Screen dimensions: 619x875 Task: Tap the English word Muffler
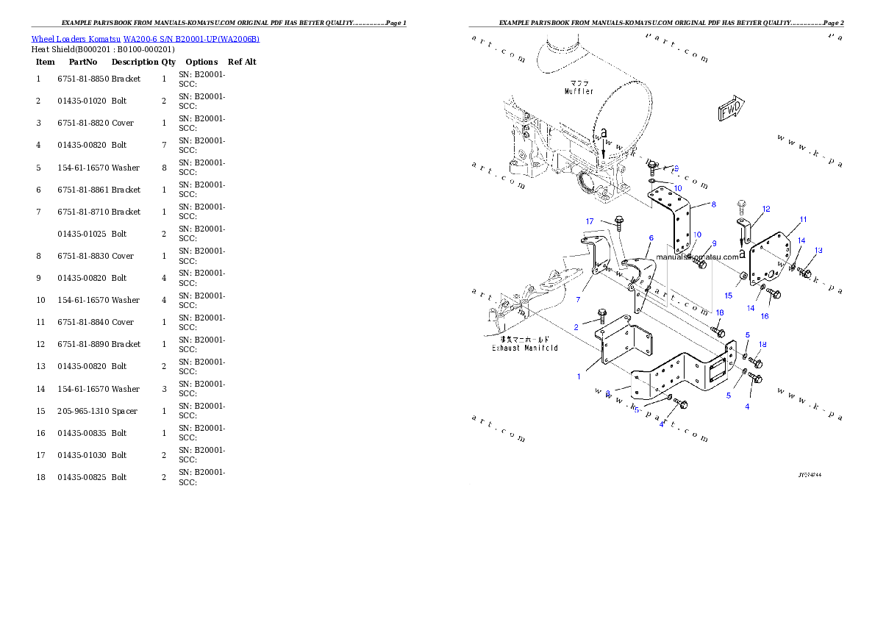[579, 91]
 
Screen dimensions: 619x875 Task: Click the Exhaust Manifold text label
[524, 348]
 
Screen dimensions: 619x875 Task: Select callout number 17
[590, 221]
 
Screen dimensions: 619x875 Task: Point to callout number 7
[578, 299]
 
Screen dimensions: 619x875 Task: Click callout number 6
[651, 238]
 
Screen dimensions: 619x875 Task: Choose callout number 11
[803, 219]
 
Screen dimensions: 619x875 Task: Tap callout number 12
[766, 209]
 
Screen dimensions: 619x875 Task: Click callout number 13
[818, 250]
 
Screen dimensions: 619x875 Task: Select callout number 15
[728, 296]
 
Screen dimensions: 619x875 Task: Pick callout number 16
[765, 316]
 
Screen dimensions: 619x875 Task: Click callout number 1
[579, 376]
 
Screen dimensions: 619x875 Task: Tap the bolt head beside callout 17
[618, 220]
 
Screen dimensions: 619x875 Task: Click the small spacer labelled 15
[743, 276]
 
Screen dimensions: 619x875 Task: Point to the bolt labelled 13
[804, 273]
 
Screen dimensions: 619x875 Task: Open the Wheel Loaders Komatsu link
[145, 38]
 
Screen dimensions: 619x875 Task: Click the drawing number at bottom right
[810, 475]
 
